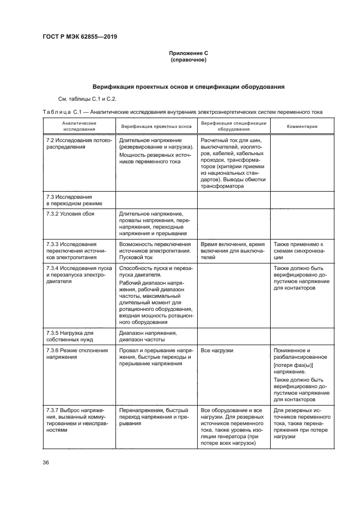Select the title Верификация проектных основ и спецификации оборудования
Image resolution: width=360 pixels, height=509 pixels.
tap(188, 87)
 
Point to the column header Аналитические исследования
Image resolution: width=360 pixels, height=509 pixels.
tap(79, 126)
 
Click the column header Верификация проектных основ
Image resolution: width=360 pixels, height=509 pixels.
tap(156, 126)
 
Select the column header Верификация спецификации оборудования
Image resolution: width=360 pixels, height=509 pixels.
tap(234, 126)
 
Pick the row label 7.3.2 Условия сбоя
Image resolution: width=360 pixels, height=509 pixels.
tap(70, 214)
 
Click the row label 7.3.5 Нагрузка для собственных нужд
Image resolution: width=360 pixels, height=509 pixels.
tap(71, 335)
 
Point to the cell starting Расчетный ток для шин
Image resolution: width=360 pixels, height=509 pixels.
tap(233, 163)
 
